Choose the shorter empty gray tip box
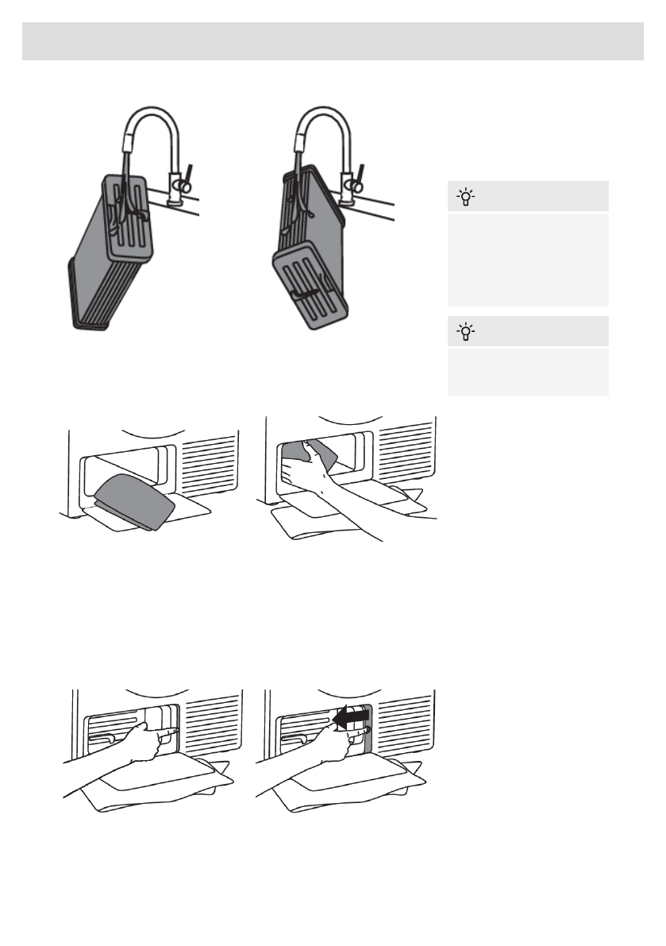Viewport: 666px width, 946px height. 528,372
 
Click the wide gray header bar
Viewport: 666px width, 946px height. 333,41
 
